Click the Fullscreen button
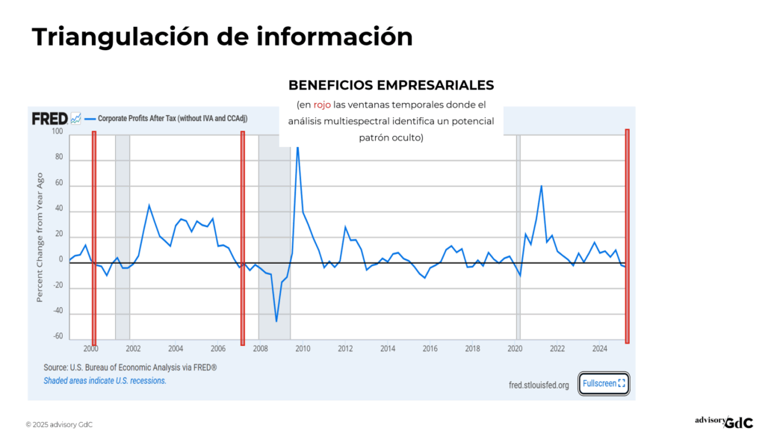coord(604,383)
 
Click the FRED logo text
coord(49,119)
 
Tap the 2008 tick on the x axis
coord(261,349)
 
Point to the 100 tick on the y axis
coord(58,132)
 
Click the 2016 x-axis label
coord(430,349)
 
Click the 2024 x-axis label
coord(600,349)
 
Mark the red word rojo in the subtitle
coord(322,105)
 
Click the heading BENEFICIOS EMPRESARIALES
coord(391,85)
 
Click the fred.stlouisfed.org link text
coord(538,385)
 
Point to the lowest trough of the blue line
coord(276,321)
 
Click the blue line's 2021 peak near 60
coord(541,186)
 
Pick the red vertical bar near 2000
coord(94,235)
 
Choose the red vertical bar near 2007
coord(243,235)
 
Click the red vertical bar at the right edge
coord(627,235)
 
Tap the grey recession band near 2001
coord(123,235)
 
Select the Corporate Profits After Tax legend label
coord(173,119)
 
